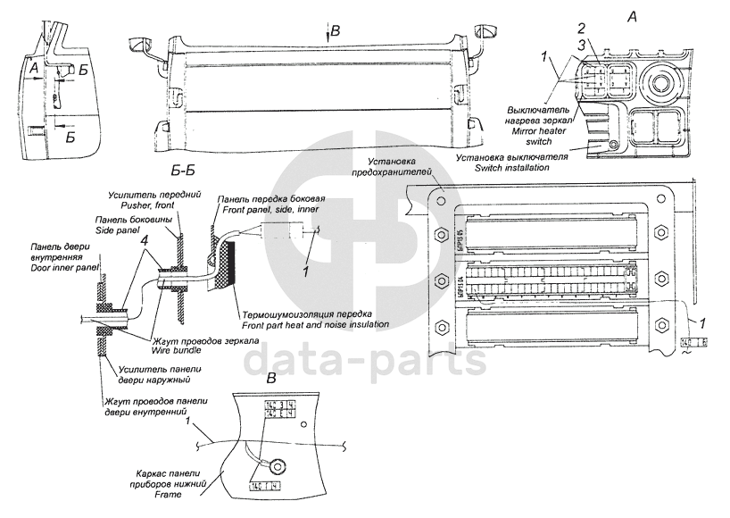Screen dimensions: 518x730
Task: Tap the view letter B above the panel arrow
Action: pyautogui.click(x=336, y=32)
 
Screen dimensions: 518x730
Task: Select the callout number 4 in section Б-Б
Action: pyautogui.click(x=145, y=238)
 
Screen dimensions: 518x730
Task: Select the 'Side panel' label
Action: pyautogui.click(x=117, y=230)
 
